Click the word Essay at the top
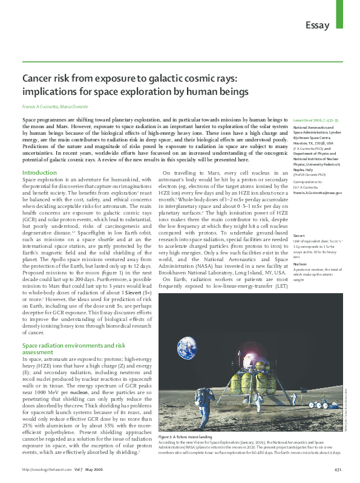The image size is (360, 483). point(317,25)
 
